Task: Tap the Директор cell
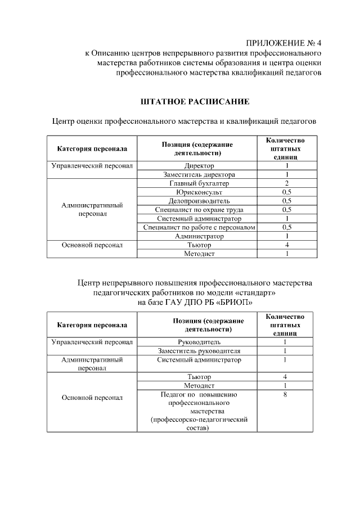coord(199,166)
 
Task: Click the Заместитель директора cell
coord(199,175)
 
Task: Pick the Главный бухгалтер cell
coord(199,183)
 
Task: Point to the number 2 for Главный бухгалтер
coord(286,183)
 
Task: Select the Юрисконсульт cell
coord(199,192)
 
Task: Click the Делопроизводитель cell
coord(199,201)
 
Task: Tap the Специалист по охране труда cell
coord(199,210)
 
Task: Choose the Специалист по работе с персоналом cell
coord(199,227)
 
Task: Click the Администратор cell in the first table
coord(199,236)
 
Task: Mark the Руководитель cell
coord(199,342)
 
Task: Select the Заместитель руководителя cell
coord(199,351)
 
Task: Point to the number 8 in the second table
coord(286,395)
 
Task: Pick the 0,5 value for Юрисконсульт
coord(286,192)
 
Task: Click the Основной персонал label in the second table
coord(92,398)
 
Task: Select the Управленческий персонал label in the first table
coord(92,166)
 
